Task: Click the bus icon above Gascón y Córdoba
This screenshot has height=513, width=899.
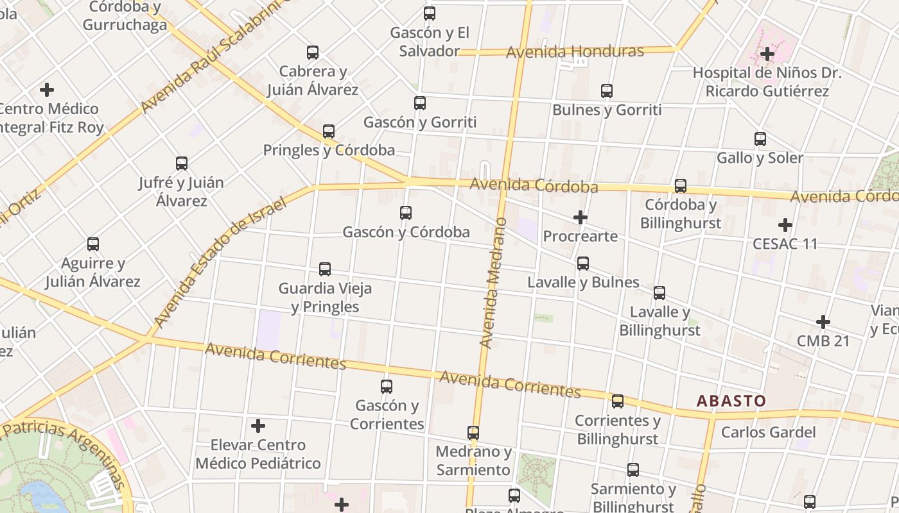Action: [406, 212]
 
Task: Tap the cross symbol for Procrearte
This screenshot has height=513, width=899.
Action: [580, 217]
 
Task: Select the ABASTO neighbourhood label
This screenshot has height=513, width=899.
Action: [731, 401]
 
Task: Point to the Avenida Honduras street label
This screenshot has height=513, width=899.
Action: [575, 51]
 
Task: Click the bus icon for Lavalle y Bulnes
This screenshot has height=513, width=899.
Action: [583, 263]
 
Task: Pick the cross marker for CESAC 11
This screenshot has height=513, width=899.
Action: [785, 225]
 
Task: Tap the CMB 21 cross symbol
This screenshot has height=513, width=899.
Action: [823, 322]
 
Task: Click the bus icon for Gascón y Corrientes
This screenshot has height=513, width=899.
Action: [387, 387]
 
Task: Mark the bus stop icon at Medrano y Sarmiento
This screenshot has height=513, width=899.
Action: [473, 433]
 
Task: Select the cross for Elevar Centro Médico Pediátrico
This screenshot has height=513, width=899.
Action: [258, 426]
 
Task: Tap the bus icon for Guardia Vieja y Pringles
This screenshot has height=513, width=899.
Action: [325, 269]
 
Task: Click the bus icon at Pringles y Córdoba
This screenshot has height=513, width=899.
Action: [329, 131]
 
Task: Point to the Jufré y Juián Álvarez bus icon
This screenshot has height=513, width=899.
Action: [182, 164]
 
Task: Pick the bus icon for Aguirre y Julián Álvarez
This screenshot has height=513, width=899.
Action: [93, 244]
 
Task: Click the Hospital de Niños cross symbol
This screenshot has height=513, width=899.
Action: [767, 54]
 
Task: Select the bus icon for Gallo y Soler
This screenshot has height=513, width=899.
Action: [760, 139]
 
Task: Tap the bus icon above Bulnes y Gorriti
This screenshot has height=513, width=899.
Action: [607, 91]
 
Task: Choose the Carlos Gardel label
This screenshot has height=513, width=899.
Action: [768, 432]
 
